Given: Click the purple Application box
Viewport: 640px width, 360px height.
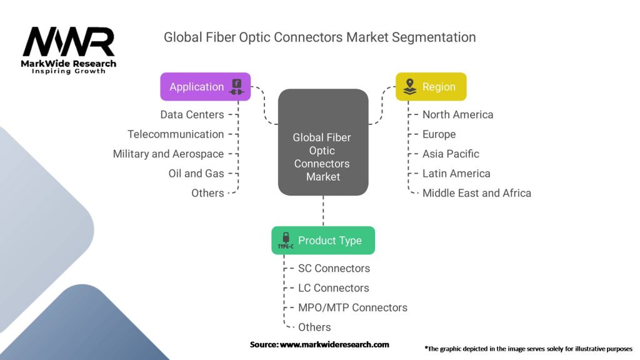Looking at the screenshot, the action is tap(205, 86).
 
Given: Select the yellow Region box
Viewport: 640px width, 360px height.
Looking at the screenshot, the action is tap(431, 86).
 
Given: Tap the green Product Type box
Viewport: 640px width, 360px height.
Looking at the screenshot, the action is tap(323, 241).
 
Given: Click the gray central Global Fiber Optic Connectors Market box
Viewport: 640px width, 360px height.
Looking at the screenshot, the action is tap(323, 142).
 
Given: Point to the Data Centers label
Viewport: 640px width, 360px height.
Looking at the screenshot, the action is tap(192, 115).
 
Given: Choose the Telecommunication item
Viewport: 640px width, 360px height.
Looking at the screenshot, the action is tap(176, 134).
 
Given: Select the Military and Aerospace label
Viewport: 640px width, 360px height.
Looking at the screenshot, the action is tap(168, 154).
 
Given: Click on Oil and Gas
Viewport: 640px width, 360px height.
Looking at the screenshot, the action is tap(196, 174).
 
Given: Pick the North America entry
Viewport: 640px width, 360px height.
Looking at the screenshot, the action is tap(457, 115).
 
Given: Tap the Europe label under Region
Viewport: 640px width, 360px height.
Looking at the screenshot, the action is tap(439, 134).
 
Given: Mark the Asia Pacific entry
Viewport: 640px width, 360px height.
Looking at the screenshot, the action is tap(451, 154).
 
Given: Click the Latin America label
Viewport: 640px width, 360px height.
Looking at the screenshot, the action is tap(456, 174).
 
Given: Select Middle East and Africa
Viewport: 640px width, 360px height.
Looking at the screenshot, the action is tap(476, 193).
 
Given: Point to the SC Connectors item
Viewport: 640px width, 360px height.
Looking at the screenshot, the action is tap(334, 268).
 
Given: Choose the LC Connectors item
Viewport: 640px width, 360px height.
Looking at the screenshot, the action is tap(334, 287).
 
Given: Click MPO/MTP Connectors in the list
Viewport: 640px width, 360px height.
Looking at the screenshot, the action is tap(352, 307).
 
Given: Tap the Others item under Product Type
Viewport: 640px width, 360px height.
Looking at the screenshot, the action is tap(314, 327).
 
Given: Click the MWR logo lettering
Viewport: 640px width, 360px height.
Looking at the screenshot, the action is tap(69, 42).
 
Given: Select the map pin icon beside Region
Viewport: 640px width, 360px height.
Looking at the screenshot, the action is tap(410, 86).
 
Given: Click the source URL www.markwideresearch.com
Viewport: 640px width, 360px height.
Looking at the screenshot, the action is tap(334, 344).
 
